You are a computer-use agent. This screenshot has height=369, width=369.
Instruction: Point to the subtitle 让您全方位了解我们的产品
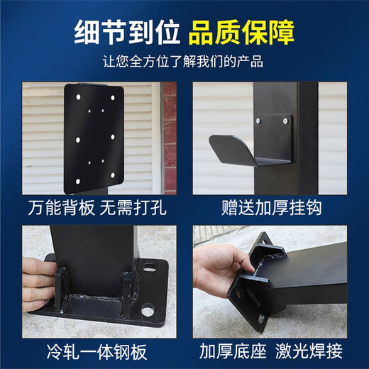point(184,62)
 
